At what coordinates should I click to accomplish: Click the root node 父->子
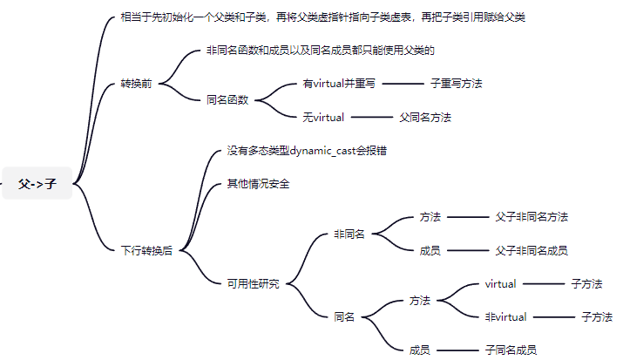[x=37, y=184]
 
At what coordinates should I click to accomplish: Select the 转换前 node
[x=136, y=85]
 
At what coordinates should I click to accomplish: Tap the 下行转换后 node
[x=146, y=250]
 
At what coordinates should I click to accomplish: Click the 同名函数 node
[x=227, y=100]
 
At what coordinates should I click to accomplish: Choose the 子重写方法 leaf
[x=456, y=84]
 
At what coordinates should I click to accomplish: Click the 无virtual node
[x=323, y=117]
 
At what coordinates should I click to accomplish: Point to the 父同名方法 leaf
[x=425, y=117]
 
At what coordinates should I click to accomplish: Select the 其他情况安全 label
[x=258, y=184]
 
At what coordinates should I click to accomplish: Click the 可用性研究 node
[x=253, y=284]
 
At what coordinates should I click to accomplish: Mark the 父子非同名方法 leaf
[x=532, y=217]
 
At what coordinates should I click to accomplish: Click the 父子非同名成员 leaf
[x=532, y=250]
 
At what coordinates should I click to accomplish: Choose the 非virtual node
[x=506, y=317]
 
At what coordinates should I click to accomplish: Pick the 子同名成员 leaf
[x=511, y=350]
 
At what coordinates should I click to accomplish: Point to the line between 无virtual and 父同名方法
[x=372, y=117]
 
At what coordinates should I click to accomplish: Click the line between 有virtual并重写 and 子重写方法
[x=402, y=84]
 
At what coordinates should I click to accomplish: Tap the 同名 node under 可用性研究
[x=344, y=317]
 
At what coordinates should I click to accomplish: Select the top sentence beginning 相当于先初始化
[x=322, y=17]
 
